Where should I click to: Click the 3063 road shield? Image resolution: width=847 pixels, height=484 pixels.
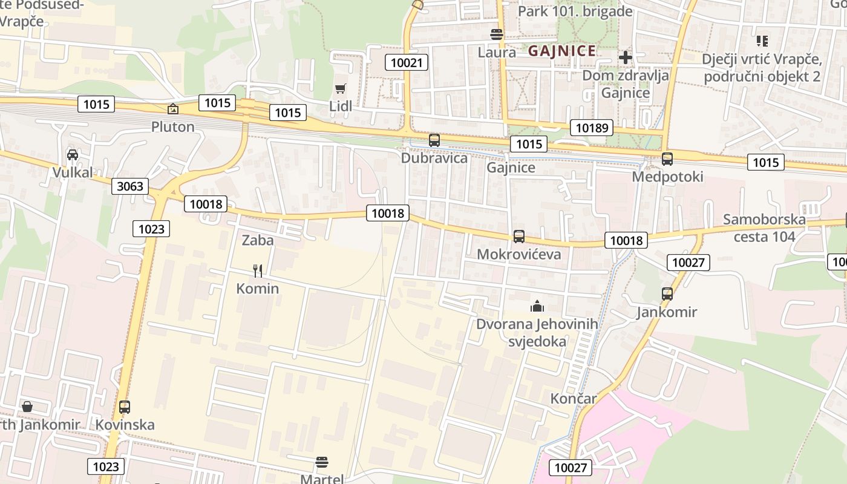pos(130,186)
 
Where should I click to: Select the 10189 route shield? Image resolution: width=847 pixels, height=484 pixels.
pos(591,128)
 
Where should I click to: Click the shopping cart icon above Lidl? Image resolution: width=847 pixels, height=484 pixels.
pos(341,89)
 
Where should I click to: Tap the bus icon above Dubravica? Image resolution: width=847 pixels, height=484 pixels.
pos(434,140)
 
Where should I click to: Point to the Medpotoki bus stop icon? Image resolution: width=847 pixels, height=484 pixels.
pos(667,159)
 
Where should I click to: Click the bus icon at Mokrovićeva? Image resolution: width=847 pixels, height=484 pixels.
pos(519,237)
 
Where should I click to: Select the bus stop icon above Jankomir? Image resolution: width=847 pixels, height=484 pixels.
pos(667,294)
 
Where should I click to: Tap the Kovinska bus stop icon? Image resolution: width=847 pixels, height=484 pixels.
pos(125,407)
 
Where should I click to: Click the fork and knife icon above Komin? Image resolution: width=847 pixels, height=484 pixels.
pos(258,270)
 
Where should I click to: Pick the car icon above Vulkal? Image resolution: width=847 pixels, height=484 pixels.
pos(73,155)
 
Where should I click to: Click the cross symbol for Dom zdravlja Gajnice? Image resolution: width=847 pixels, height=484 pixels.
pos(626,57)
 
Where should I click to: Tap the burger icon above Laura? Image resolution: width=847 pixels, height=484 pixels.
pos(497,34)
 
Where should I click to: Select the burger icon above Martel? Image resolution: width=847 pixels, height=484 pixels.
pos(322,463)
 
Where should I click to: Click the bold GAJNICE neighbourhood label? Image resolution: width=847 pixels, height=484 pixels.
pos(562,51)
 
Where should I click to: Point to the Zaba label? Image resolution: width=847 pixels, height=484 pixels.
pos(258,240)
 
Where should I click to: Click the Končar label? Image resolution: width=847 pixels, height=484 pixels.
pos(574,399)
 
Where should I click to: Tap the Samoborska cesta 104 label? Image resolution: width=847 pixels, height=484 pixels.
pos(764,227)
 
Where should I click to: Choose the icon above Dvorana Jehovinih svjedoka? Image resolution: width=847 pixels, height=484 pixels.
pos(537,307)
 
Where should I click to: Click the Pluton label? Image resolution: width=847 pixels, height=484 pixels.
pos(173,127)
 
